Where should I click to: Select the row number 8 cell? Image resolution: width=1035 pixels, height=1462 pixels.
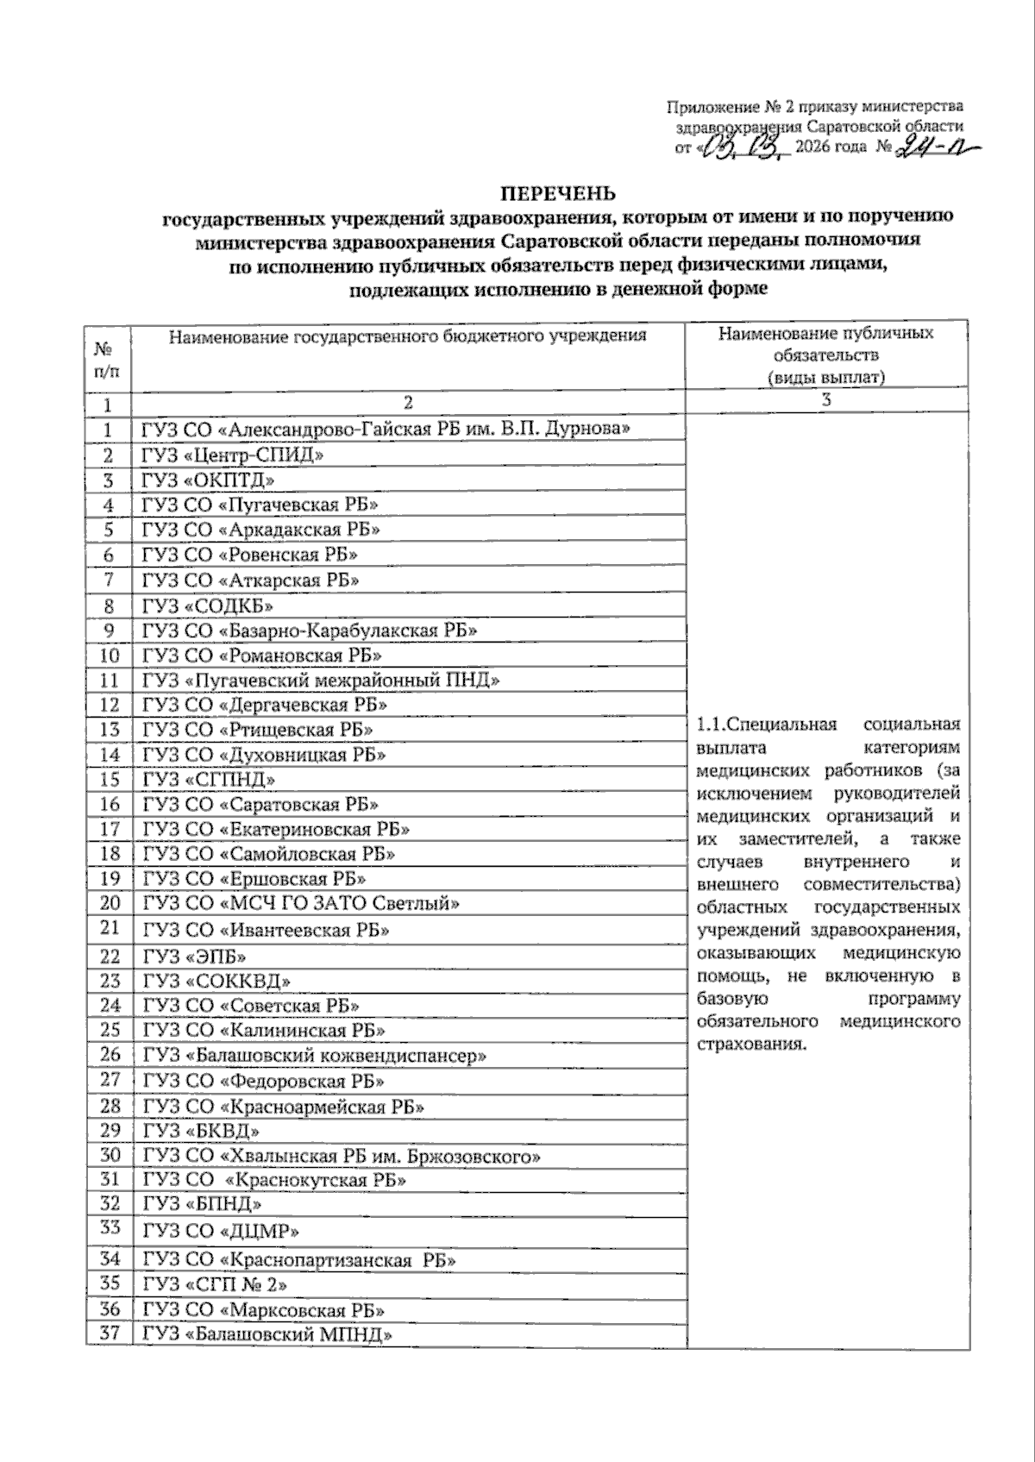point(109,606)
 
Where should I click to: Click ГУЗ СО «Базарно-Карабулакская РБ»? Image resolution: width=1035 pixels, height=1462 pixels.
point(310,631)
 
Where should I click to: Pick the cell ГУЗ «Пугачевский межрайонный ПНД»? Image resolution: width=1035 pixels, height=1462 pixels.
point(321,681)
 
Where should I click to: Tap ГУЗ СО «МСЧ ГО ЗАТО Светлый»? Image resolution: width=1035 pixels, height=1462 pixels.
point(301,904)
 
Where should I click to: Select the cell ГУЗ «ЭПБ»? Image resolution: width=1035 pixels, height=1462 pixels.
point(195,956)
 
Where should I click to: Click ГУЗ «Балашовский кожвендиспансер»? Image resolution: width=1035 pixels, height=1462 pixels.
point(315,1056)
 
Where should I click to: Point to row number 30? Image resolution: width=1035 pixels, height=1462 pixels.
point(110,1155)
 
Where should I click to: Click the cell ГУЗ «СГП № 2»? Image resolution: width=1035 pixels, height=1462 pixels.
point(215,1284)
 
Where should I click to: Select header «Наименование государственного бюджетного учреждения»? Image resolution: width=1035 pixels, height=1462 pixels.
point(407,336)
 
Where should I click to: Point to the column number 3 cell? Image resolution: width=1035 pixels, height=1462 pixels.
point(826,401)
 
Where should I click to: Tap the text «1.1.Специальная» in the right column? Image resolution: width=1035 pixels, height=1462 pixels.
point(765,724)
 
